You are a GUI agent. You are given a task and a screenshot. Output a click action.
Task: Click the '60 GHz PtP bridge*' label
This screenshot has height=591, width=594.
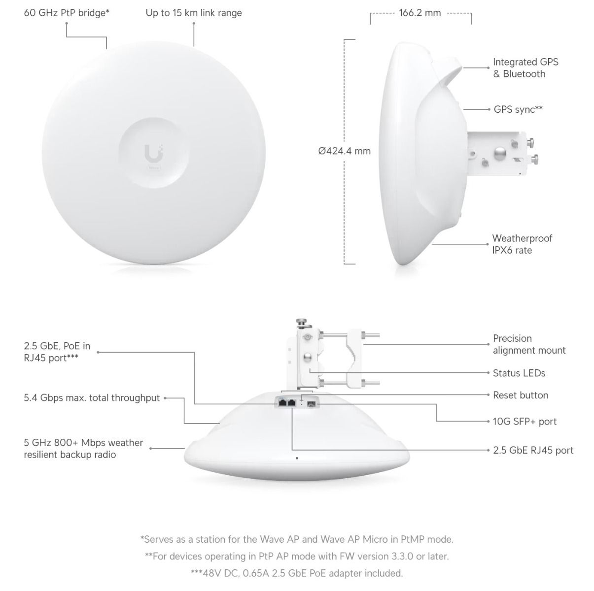click(x=67, y=13)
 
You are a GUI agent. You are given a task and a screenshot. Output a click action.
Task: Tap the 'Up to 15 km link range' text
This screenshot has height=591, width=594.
click(x=194, y=13)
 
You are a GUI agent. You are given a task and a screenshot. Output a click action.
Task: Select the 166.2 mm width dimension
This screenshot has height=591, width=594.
click(x=419, y=13)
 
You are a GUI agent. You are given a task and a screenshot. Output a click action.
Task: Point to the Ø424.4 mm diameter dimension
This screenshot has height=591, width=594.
click(x=344, y=151)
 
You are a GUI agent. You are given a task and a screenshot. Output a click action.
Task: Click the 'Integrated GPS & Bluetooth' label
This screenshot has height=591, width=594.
click(x=525, y=68)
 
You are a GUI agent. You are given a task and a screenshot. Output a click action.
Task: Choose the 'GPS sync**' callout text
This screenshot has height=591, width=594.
click(x=518, y=109)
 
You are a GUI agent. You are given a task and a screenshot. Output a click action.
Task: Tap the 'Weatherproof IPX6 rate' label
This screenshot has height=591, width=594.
click(x=522, y=244)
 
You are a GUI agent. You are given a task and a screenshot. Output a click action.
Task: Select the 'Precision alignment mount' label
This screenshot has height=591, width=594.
click(x=529, y=344)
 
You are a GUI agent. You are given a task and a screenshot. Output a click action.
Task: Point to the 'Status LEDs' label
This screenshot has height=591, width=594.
click(x=519, y=373)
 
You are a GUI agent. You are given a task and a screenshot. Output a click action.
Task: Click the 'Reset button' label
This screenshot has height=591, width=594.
click(x=521, y=395)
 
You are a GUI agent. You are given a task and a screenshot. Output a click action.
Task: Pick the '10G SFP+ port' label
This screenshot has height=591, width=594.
click(x=524, y=421)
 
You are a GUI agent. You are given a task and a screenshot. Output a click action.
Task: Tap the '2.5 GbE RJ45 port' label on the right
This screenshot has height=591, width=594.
click(x=533, y=450)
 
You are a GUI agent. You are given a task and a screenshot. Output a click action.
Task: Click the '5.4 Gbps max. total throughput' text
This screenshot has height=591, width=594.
click(x=92, y=397)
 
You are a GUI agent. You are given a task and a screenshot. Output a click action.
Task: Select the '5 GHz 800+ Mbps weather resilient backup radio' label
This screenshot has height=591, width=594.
click(x=83, y=448)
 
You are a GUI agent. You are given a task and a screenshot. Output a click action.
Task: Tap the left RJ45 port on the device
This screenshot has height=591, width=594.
click(x=282, y=402)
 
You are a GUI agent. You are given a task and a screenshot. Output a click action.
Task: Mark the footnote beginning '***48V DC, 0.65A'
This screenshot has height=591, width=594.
click(x=297, y=573)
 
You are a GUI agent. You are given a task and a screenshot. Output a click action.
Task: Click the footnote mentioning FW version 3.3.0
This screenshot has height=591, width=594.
click(x=297, y=556)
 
